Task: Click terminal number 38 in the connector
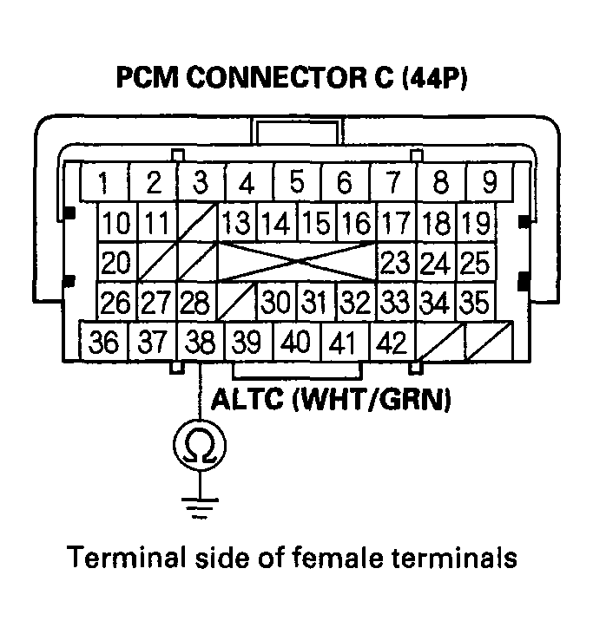(201, 343)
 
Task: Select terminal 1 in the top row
(104, 184)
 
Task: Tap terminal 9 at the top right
(489, 184)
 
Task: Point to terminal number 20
(115, 262)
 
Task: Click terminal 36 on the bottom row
(104, 343)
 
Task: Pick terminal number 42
(393, 343)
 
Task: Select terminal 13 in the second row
(236, 223)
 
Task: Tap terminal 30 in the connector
(276, 302)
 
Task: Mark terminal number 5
(297, 184)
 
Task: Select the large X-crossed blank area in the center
(297, 262)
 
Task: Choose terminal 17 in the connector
(395, 223)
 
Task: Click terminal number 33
(395, 302)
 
